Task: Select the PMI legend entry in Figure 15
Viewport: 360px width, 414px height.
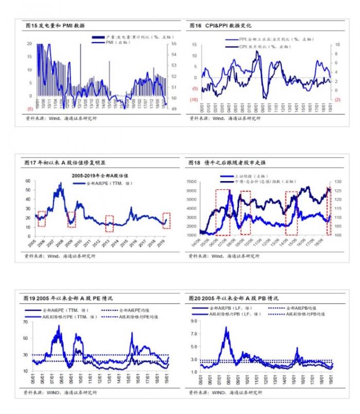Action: [x=110, y=43]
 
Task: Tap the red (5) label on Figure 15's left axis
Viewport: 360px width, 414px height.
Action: [x=29, y=109]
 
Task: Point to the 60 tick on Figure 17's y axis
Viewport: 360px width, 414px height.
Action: [x=28, y=182]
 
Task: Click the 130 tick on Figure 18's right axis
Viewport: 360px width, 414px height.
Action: [x=338, y=182]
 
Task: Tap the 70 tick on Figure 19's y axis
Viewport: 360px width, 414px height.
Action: [x=26, y=322]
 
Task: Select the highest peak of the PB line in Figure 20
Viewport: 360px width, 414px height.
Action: [x=226, y=328]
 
